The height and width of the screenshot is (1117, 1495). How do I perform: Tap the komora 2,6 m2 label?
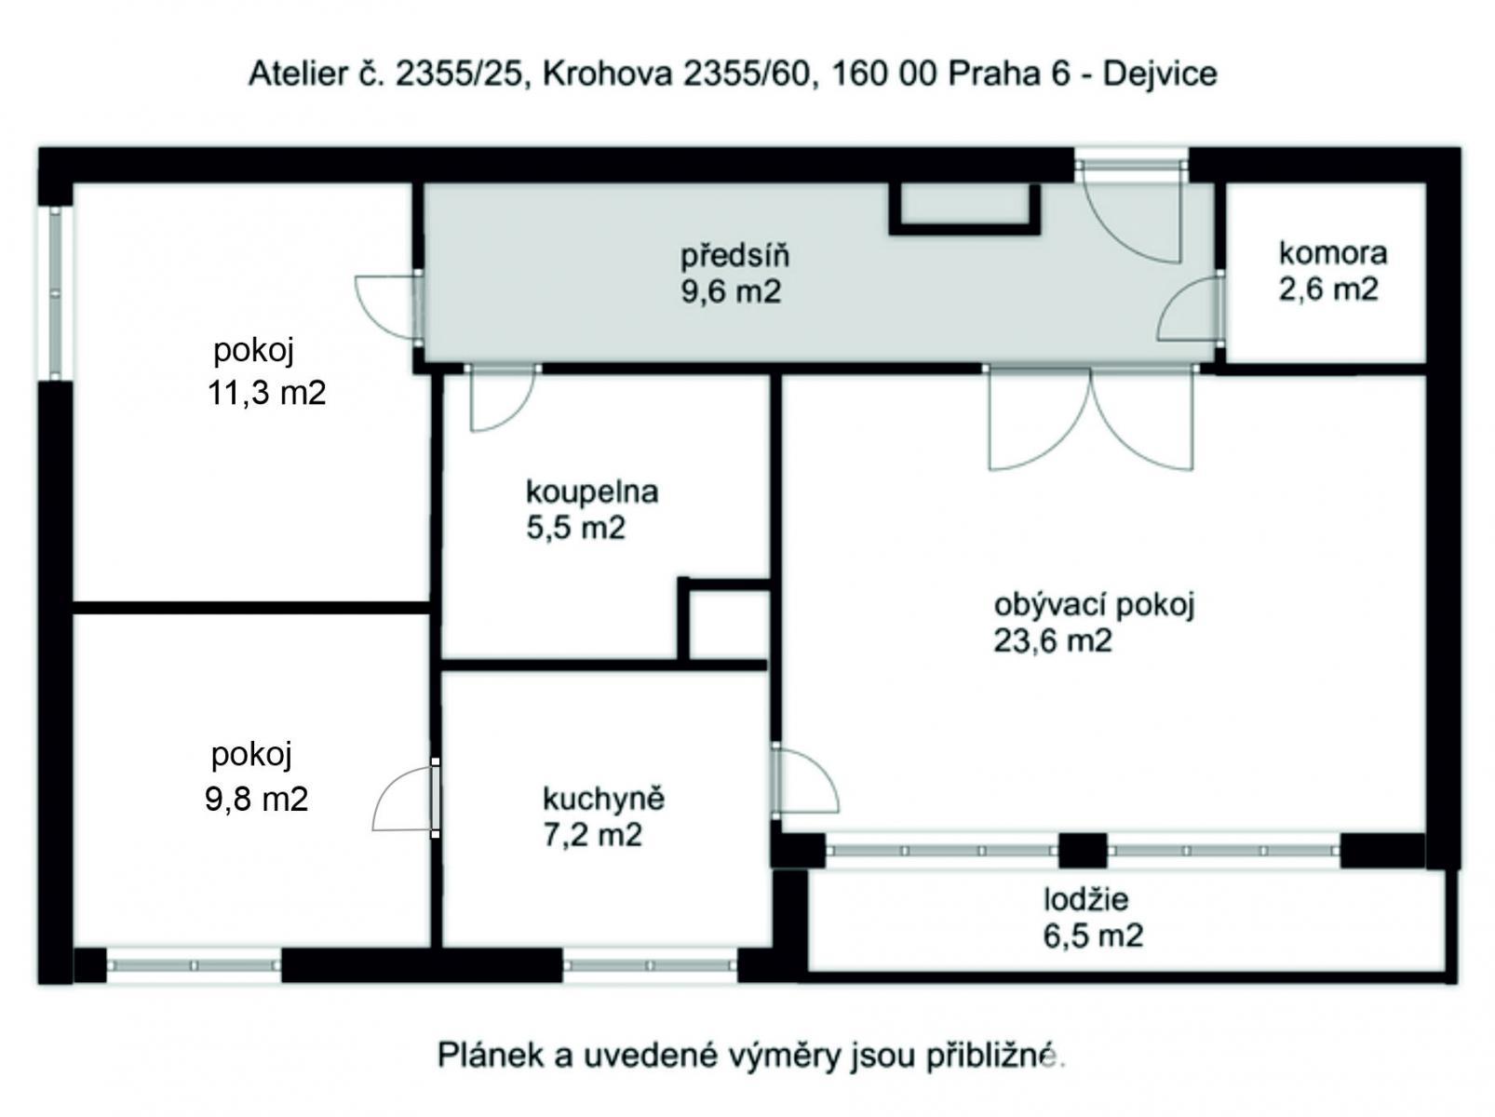(x=1332, y=271)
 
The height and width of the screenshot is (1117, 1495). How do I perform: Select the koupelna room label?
(x=592, y=491)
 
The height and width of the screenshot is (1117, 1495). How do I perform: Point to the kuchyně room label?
(x=603, y=800)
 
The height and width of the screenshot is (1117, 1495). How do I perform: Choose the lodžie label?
(x=1086, y=899)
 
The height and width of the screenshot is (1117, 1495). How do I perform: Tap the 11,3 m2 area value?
(x=267, y=393)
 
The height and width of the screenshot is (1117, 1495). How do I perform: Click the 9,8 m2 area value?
(x=257, y=799)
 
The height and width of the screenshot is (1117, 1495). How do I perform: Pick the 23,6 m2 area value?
(x=1053, y=641)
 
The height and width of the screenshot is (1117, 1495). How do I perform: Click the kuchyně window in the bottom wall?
(x=649, y=965)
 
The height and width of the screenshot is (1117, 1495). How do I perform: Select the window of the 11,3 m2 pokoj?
(x=55, y=292)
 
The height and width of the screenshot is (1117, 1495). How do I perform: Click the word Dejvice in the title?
(x=1160, y=74)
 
